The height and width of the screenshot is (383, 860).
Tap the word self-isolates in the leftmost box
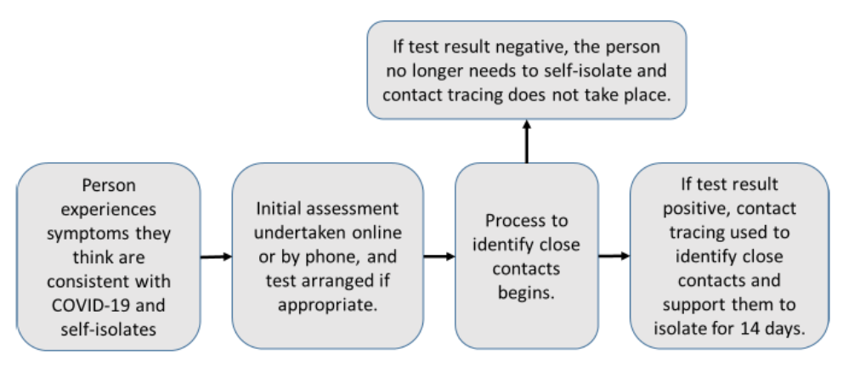(109, 329)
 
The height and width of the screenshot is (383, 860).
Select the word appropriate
(328, 305)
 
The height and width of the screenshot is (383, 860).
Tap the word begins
(526, 293)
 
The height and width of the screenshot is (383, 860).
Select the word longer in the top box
(434, 71)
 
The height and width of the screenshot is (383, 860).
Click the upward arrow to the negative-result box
(527, 141)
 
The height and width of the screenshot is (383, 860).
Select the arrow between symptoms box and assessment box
(216, 256)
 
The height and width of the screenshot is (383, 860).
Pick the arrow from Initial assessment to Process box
(439, 256)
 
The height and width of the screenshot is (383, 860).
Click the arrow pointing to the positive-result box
(614, 256)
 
